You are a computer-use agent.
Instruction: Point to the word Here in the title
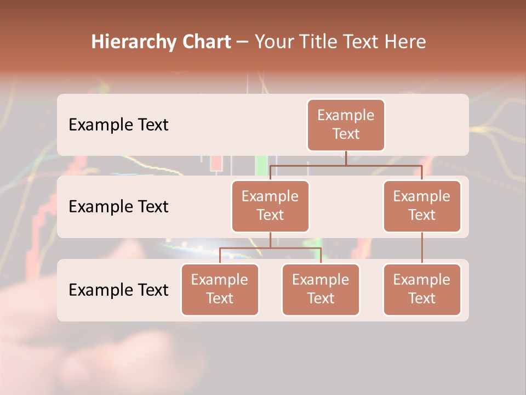(405, 42)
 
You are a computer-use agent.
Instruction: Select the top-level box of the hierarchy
(346, 125)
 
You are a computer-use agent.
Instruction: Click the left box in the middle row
(270, 206)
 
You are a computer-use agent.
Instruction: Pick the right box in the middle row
(422, 206)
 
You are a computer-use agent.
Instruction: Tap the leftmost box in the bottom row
(220, 290)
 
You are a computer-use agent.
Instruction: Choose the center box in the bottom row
(321, 290)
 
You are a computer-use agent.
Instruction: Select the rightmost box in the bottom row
(422, 290)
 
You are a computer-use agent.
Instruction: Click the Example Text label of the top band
(118, 125)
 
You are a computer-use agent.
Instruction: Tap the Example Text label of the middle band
(118, 207)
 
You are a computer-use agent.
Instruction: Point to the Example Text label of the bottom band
(118, 290)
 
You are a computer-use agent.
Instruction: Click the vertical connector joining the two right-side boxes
(422, 248)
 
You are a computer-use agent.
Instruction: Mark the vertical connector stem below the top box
(346, 158)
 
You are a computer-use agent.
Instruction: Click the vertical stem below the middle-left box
(270, 240)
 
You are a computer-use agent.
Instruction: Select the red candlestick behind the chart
(216, 163)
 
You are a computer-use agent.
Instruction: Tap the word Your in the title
(274, 42)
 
